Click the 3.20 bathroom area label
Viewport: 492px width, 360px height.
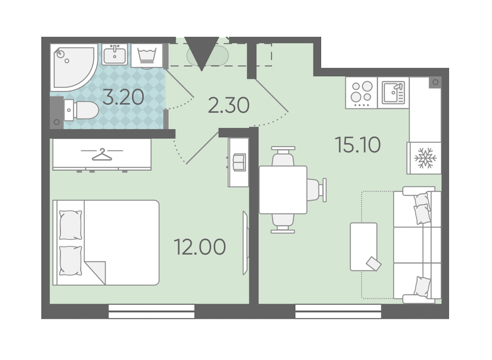[x=124, y=97]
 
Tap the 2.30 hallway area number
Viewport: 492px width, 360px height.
[x=229, y=105]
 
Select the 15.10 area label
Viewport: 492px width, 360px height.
[x=358, y=145]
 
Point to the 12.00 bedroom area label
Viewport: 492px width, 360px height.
[x=200, y=246]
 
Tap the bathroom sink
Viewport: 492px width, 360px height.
[x=115, y=54]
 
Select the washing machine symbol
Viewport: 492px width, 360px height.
[x=147, y=56]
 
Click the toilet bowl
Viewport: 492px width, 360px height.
[x=81, y=110]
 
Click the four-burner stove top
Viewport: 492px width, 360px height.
[x=361, y=93]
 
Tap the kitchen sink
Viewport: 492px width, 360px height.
[x=393, y=93]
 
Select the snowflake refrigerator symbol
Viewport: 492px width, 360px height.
[x=425, y=158]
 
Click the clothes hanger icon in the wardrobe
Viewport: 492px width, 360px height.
[x=102, y=154]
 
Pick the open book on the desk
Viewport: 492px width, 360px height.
[x=239, y=162]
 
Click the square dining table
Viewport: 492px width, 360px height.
[x=283, y=190]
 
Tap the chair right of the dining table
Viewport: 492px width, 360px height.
[x=317, y=190]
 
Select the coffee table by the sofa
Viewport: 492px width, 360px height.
[x=364, y=247]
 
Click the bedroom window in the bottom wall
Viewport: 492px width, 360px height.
[x=151, y=311]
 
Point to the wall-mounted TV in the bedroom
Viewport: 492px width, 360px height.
[x=245, y=243]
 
